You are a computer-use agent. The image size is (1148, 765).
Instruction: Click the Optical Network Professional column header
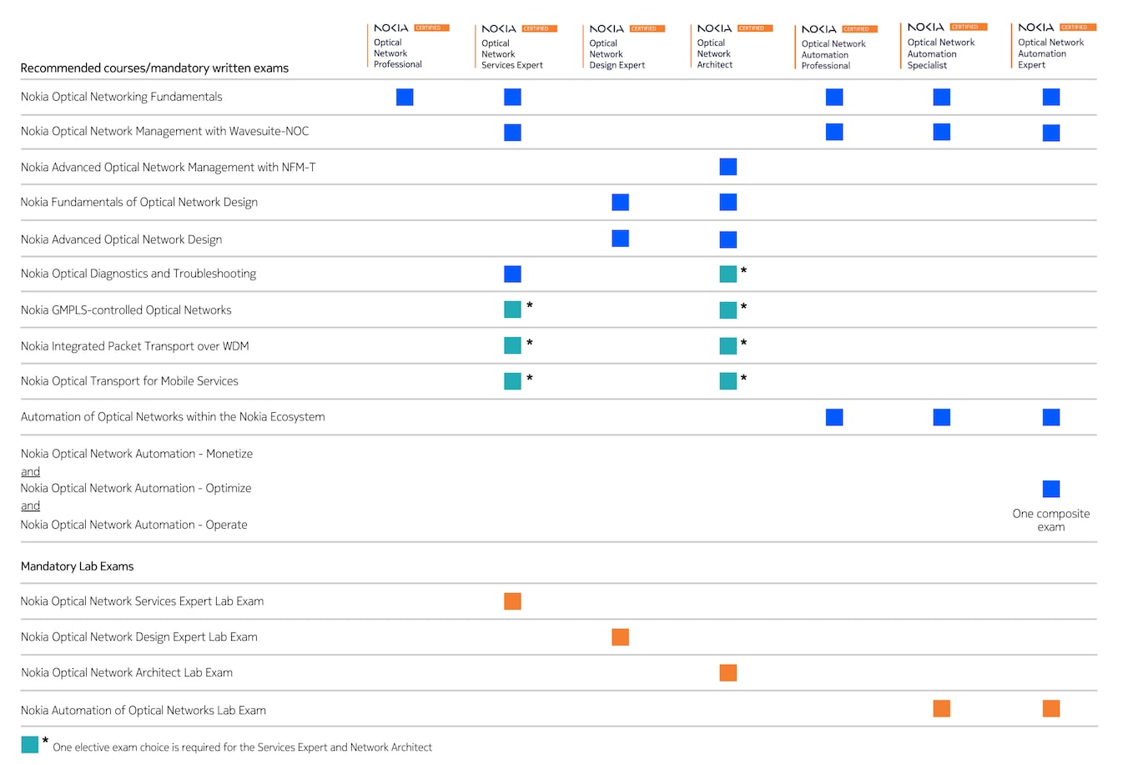coord(398,53)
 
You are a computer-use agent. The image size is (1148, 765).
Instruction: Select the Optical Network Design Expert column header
coord(617,54)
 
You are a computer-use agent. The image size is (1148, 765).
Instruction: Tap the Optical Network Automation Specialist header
coord(940,53)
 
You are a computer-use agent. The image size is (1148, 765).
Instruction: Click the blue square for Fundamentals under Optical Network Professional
coord(405,98)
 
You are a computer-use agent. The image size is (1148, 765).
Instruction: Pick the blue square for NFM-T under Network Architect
coord(728,167)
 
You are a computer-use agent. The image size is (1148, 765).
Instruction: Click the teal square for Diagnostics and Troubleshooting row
coord(728,274)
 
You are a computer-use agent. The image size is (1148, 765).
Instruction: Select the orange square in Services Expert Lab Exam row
coord(512,601)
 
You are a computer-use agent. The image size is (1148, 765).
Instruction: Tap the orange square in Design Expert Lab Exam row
coord(620,637)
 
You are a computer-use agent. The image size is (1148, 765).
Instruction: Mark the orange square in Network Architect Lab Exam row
coord(728,673)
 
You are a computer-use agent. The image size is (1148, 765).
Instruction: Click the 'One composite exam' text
coord(1050,520)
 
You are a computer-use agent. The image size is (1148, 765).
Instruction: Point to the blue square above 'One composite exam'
coord(1050,489)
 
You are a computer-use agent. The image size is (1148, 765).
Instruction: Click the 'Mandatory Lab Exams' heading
coord(77,566)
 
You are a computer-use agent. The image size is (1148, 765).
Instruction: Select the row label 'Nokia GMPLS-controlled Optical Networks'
coord(126,310)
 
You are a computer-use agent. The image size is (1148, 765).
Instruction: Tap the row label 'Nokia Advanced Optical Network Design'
coord(121,239)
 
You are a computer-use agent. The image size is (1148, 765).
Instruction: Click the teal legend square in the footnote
coord(30,745)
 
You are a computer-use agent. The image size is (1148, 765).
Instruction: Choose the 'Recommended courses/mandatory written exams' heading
coord(154,68)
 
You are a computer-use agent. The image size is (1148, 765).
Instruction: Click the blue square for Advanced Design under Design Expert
coord(620,239)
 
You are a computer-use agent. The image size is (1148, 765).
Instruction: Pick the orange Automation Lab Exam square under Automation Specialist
coord(941,709)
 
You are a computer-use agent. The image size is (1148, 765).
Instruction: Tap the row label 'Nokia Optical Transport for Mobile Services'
coord(129,381)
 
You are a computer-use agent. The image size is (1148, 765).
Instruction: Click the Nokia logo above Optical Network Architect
coord(714,28)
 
